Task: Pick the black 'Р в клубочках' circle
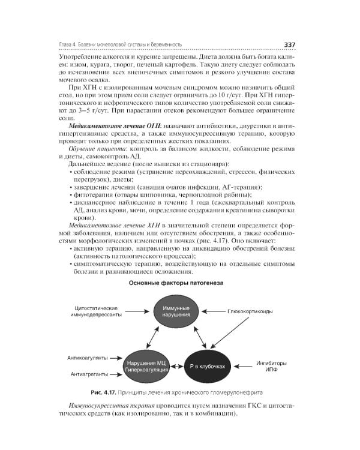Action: click(207, 367)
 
